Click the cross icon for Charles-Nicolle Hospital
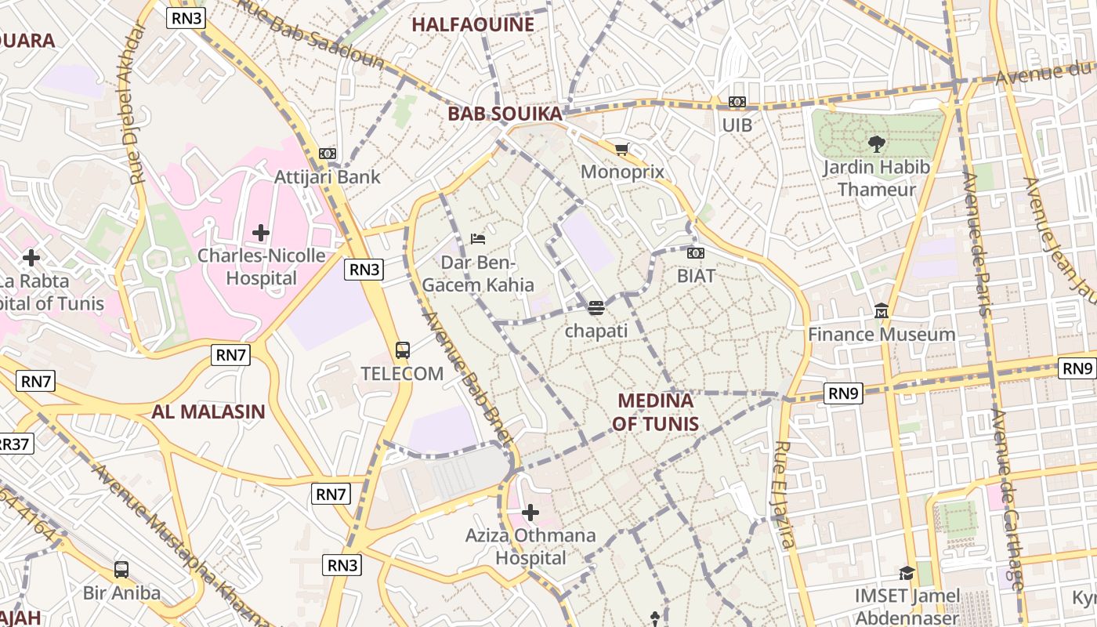coord(261,233)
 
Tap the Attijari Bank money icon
coord(328,154)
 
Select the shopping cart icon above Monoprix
coord(622,149)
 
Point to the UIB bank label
coord(737,125)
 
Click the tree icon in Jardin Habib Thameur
coord(876,143)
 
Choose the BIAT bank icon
coord(696,253)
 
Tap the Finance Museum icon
coord(882,311)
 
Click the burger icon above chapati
coord(596,308)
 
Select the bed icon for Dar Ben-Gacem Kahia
coord(478,238)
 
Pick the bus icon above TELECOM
coord(403,350)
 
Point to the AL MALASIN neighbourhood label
coord(208,411)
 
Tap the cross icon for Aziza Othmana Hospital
coord(530,513)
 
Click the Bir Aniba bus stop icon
coord(121,570)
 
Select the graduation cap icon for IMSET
coord(907,573)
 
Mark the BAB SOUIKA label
coord(505,114)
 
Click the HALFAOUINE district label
coord(472,24)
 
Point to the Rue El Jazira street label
coord(784,494)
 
